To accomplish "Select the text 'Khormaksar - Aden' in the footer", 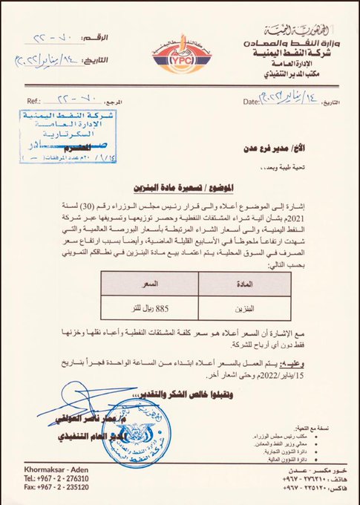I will coord(53,472).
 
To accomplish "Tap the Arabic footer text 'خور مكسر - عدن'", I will coord(305,472).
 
